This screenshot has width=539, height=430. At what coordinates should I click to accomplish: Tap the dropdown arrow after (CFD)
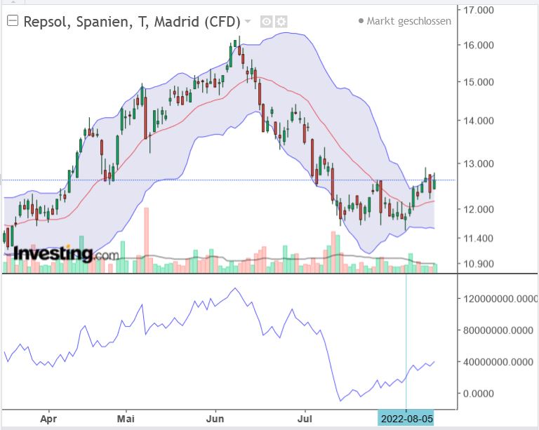pos(248,21)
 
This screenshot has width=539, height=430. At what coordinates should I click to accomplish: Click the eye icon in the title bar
pos(267,22)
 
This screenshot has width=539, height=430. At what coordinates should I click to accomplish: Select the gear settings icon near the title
pos(281,22)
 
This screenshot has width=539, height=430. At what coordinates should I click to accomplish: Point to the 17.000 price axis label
pos(479,10)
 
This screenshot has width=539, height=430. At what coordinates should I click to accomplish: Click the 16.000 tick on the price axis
pos(479,46)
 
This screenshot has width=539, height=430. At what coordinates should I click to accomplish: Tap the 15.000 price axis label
pos(479,81)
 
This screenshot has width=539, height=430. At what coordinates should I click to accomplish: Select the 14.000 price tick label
pos(479,121)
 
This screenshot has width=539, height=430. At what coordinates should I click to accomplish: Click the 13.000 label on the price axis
pos(479,163)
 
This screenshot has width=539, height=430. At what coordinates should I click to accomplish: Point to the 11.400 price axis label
pos(479,238)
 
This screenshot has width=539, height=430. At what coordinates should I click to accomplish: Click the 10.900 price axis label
pos(479,264)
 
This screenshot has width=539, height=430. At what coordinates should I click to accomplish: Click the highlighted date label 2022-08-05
pos(406,418)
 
